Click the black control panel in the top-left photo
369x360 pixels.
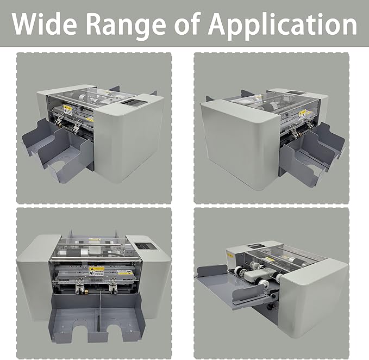(x=130, y=101)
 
